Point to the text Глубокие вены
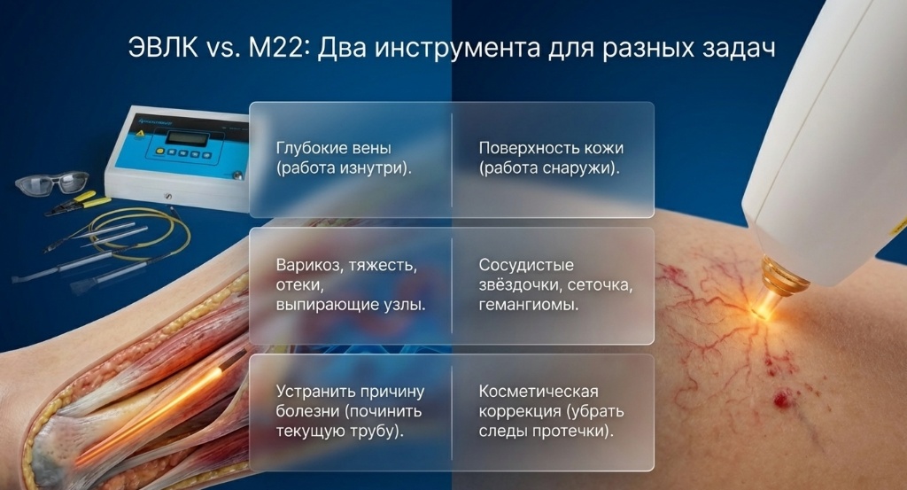[333, 148]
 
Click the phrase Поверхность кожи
[545, 148]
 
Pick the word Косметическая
[539, 392]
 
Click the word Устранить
[312, 392]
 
